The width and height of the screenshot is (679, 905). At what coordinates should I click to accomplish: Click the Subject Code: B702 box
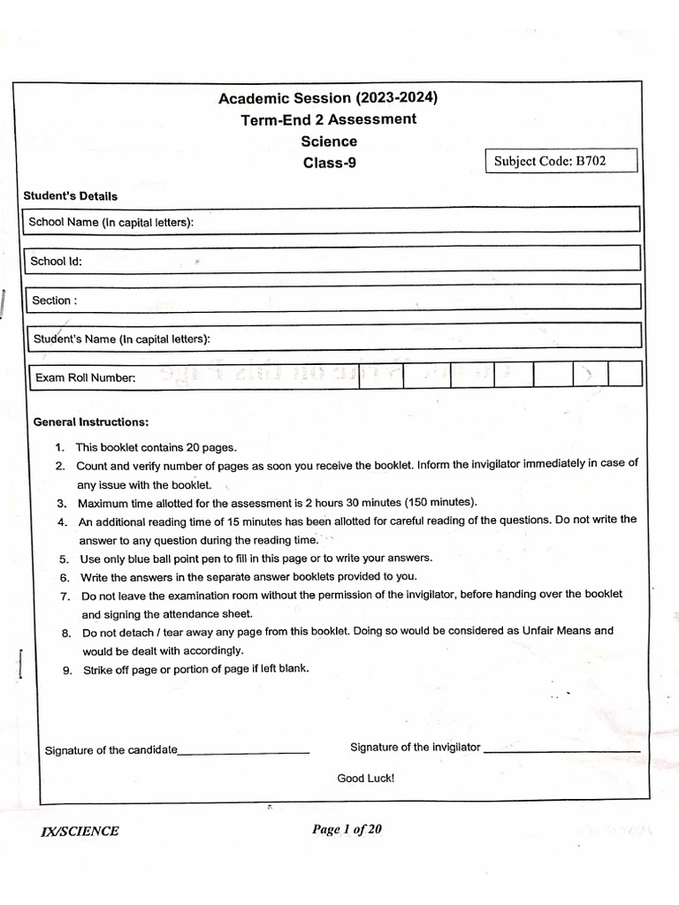(x=562, y=161)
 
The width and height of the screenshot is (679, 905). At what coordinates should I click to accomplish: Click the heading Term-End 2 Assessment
(x=328, y=119)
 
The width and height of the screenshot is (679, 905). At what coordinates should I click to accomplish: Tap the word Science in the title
(x=329, y=141)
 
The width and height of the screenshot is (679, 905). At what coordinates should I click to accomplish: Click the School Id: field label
(x=56, y=261)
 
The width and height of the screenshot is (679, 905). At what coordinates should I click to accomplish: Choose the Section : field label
(x=54, y=300)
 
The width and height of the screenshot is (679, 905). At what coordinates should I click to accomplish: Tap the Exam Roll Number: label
(x=85, y=378)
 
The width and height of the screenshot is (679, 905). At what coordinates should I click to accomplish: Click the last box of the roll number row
(x=624, y=375)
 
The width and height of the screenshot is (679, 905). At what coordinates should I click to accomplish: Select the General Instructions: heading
(x=91, y=422)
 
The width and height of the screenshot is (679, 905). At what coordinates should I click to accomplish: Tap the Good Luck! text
(x=366, y=779)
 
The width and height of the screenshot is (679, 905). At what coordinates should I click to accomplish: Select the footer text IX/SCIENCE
(x=80, y=831)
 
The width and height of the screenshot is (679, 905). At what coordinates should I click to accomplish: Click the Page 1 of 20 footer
(x=347, y=829)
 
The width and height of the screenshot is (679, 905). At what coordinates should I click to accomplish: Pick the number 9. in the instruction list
(x=67, y=670)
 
